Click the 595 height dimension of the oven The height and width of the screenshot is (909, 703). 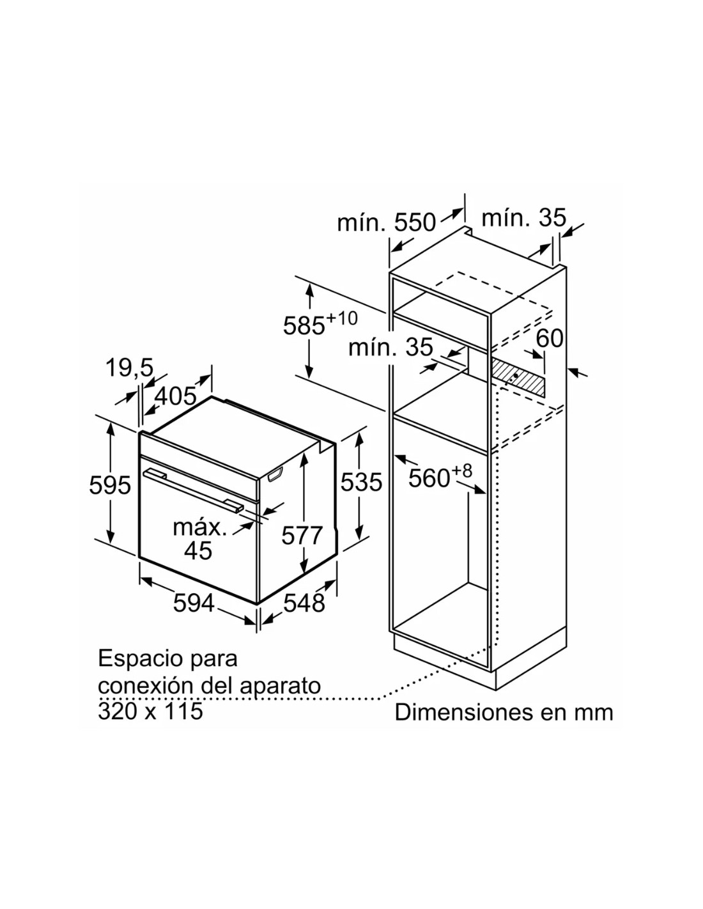[x=110, y=486]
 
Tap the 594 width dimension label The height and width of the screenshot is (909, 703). [x=194, y=603]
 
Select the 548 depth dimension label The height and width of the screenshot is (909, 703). [x=304, y=603]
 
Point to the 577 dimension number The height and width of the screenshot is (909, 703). [x=302, y=536]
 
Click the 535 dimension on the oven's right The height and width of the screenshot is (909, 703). [x=361, y=482]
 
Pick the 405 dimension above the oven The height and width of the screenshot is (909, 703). [x=175, y=396]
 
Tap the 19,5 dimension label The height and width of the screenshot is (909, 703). [x=129, y=368]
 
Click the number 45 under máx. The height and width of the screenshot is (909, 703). [x=198, y=550]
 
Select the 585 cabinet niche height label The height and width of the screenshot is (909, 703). [x=304, y=325]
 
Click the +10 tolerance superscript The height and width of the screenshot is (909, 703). [x=342, y=318]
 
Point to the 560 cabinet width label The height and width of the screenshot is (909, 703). [x=429, y=478]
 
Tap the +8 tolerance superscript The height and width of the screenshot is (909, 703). [x=461, y=471]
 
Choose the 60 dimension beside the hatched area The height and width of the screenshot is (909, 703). [x=550, y=338]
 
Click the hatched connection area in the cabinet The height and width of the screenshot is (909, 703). [x=518, y=377]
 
